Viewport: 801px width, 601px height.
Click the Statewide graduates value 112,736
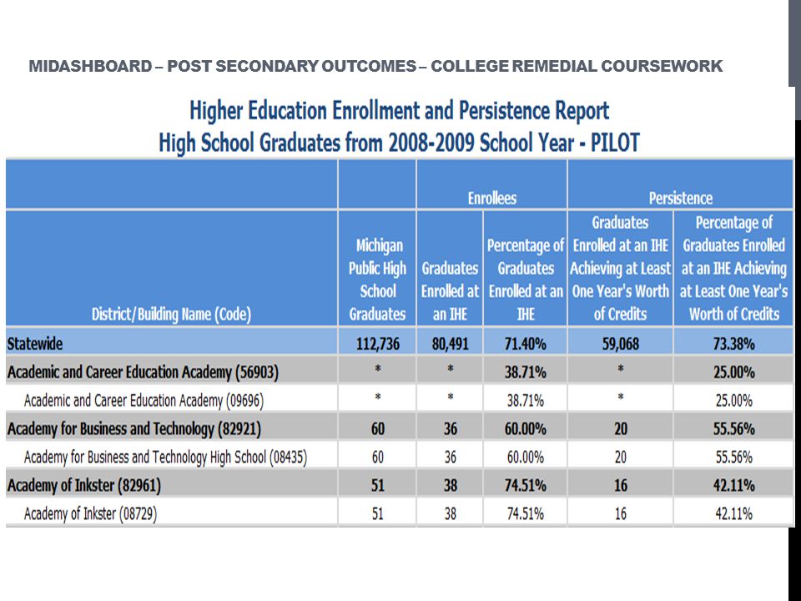pos(377,343)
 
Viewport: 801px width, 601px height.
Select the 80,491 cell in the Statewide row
pos(450,343)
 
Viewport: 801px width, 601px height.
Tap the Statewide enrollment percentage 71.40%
pos(525,343)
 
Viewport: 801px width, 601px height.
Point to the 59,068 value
pos(620,343)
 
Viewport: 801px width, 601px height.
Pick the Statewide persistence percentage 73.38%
pos(733,343)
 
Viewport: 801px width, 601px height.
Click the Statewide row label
pos(35,343)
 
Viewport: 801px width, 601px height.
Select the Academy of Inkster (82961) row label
pos(83,485)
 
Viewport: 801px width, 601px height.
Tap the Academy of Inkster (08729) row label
pos(90,513)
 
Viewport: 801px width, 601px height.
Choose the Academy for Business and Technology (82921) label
pos(133,428)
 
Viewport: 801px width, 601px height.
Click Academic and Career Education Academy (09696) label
pos(144,400)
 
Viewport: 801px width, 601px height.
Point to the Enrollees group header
pos(492,198)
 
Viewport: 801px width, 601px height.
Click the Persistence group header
pos(681,198)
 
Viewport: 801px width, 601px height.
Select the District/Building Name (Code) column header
pos(171,314)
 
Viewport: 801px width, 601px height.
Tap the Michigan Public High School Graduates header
pos(377,280)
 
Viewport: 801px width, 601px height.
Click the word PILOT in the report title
pos(615,143)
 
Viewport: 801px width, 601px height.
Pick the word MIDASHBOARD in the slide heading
pos(90,66)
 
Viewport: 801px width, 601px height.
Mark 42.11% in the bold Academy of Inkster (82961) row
pos(733,485)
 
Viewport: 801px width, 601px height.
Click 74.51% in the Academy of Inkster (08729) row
pos(525,513)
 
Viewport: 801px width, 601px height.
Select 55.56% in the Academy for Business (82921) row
pos(733,428)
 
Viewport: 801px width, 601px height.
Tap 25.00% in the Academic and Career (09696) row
pos(733,400)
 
